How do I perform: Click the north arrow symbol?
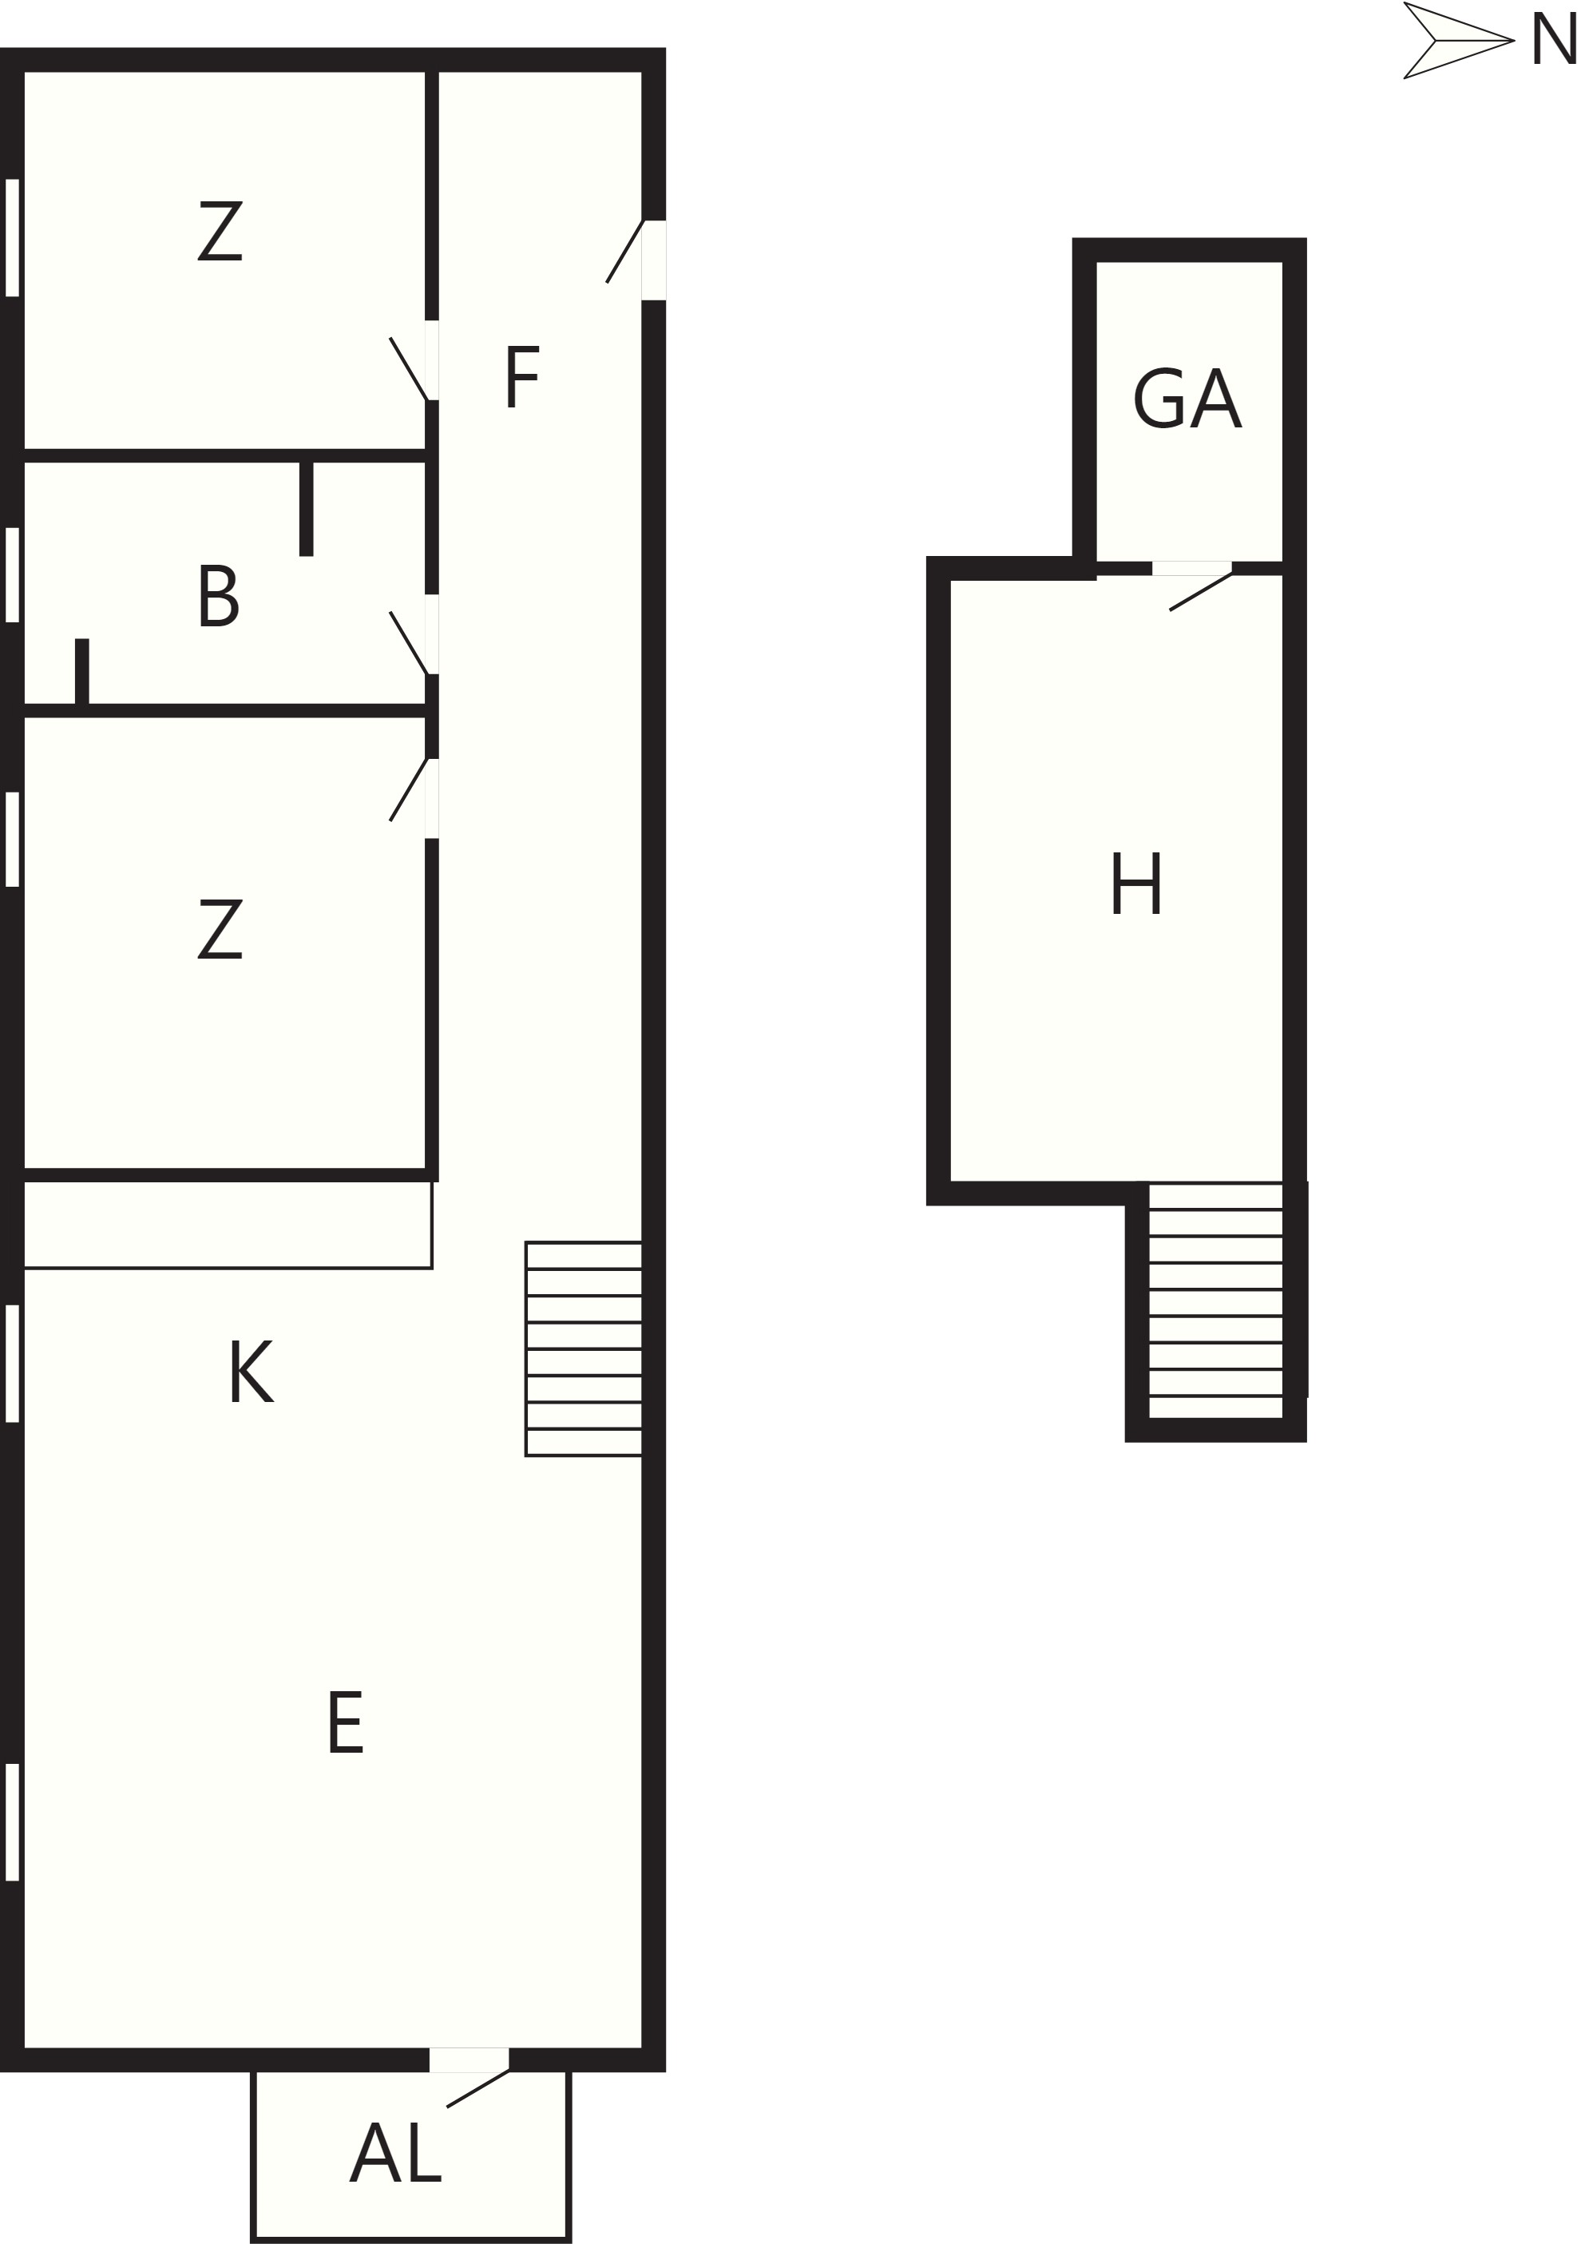click(1458, 40)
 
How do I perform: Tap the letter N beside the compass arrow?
click(1555, 39)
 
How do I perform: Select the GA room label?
click(1187, 398)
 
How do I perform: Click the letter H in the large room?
click(1135, 883)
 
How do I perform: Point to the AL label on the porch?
click(396, 2152)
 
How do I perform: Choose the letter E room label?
click(345, 1722)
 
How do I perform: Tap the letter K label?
click(251, 1371)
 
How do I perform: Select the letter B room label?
click(218, 595)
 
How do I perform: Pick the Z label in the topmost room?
click(220, 231)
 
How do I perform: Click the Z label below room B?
click(220, 928)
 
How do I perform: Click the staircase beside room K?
click(584, 1348)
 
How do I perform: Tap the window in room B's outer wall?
click(13, 574)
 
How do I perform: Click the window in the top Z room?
click(13, 237)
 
